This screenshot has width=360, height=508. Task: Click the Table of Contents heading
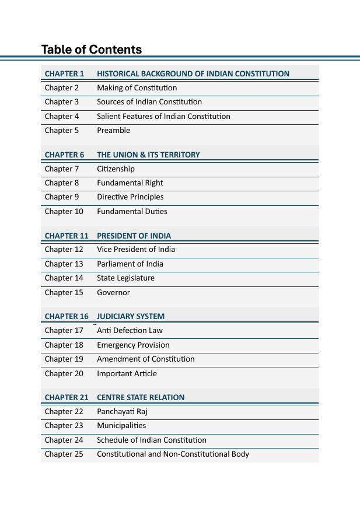pos(92,50)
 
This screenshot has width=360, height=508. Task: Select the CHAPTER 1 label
pos(65,73)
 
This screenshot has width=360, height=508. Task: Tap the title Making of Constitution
pos(137,88)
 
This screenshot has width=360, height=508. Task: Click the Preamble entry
pos(113,131)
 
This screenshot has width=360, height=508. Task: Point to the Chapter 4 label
pos(62,117)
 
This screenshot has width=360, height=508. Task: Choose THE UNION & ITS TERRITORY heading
pos(148,155)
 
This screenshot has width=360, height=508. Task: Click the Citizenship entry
pos(116,169)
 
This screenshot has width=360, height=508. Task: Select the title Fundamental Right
pos(130,183)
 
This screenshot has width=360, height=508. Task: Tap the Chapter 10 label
pos(64,212)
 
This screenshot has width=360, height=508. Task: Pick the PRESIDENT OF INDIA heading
pos(134,236)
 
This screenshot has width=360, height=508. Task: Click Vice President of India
pos(136,250)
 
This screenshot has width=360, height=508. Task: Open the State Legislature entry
pos(125,278)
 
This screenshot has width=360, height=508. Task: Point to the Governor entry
pos(113,293)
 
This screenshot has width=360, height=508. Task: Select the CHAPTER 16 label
pos(67,316)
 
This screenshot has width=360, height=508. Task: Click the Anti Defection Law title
pos(130,331)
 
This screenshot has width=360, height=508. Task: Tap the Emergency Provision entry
pos(133,345)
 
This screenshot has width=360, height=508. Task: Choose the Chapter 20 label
pos(64,374)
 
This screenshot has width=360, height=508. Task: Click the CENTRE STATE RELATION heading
pos(141,397)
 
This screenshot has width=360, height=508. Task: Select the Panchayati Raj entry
pos(122,412)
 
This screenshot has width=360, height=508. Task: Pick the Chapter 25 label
pos(64,454)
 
